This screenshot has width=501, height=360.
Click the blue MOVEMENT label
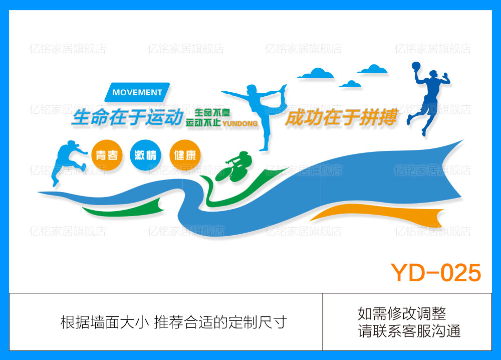click(137, 92)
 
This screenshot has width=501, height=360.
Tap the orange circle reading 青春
click(107, 154)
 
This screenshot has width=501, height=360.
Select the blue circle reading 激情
click(145, 154)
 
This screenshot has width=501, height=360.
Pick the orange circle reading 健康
click(184, 154)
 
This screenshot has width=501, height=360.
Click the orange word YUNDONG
click(239, 123)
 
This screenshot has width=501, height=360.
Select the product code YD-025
click(435, 273)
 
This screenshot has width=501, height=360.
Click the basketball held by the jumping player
click(415, 66)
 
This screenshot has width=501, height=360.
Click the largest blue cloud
click(316, 74)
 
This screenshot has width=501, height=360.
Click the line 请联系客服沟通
click(409, 331)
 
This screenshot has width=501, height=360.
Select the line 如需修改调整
click(402, 313)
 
